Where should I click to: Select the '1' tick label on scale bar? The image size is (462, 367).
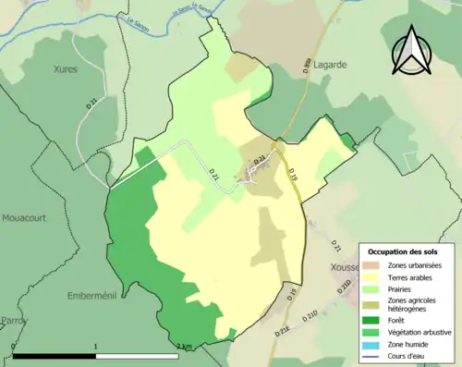pos(96,347)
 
